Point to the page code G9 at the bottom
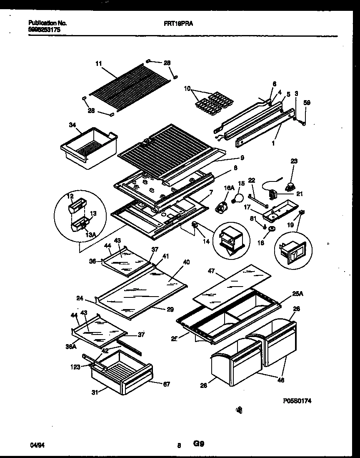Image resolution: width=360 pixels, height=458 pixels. coord(198,444)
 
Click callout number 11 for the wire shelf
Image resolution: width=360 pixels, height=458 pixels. coord(98,64)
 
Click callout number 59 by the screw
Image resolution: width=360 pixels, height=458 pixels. coord(307,102)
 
